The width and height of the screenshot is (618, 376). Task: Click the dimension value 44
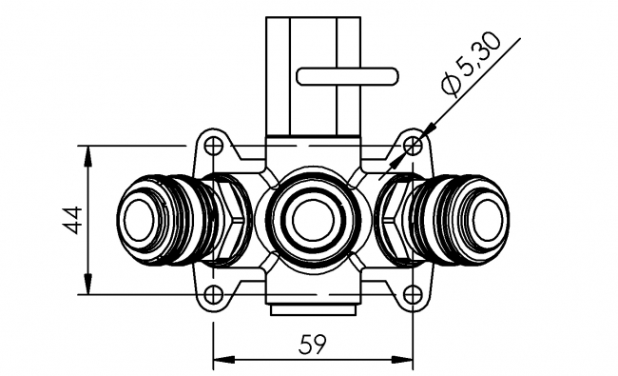pyautogui.click(x=68, y=220)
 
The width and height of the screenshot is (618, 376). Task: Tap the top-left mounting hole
pyautogui.click(x=215, y=146)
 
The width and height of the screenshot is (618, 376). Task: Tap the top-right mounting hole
pyautogui.click(x=412, y=146)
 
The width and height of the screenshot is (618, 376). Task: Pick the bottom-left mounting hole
pyautogui.click(x=215, y=294)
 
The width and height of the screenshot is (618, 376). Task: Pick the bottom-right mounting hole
pyautogui.click(x=412, y=294)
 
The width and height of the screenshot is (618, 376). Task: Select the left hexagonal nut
pyautogui.click(x=226, y=220)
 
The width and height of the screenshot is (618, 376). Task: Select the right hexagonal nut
pyautogui.click(x=399, y=220)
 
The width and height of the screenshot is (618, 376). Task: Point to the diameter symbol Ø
pyautogui.click(x=452, y=86)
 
